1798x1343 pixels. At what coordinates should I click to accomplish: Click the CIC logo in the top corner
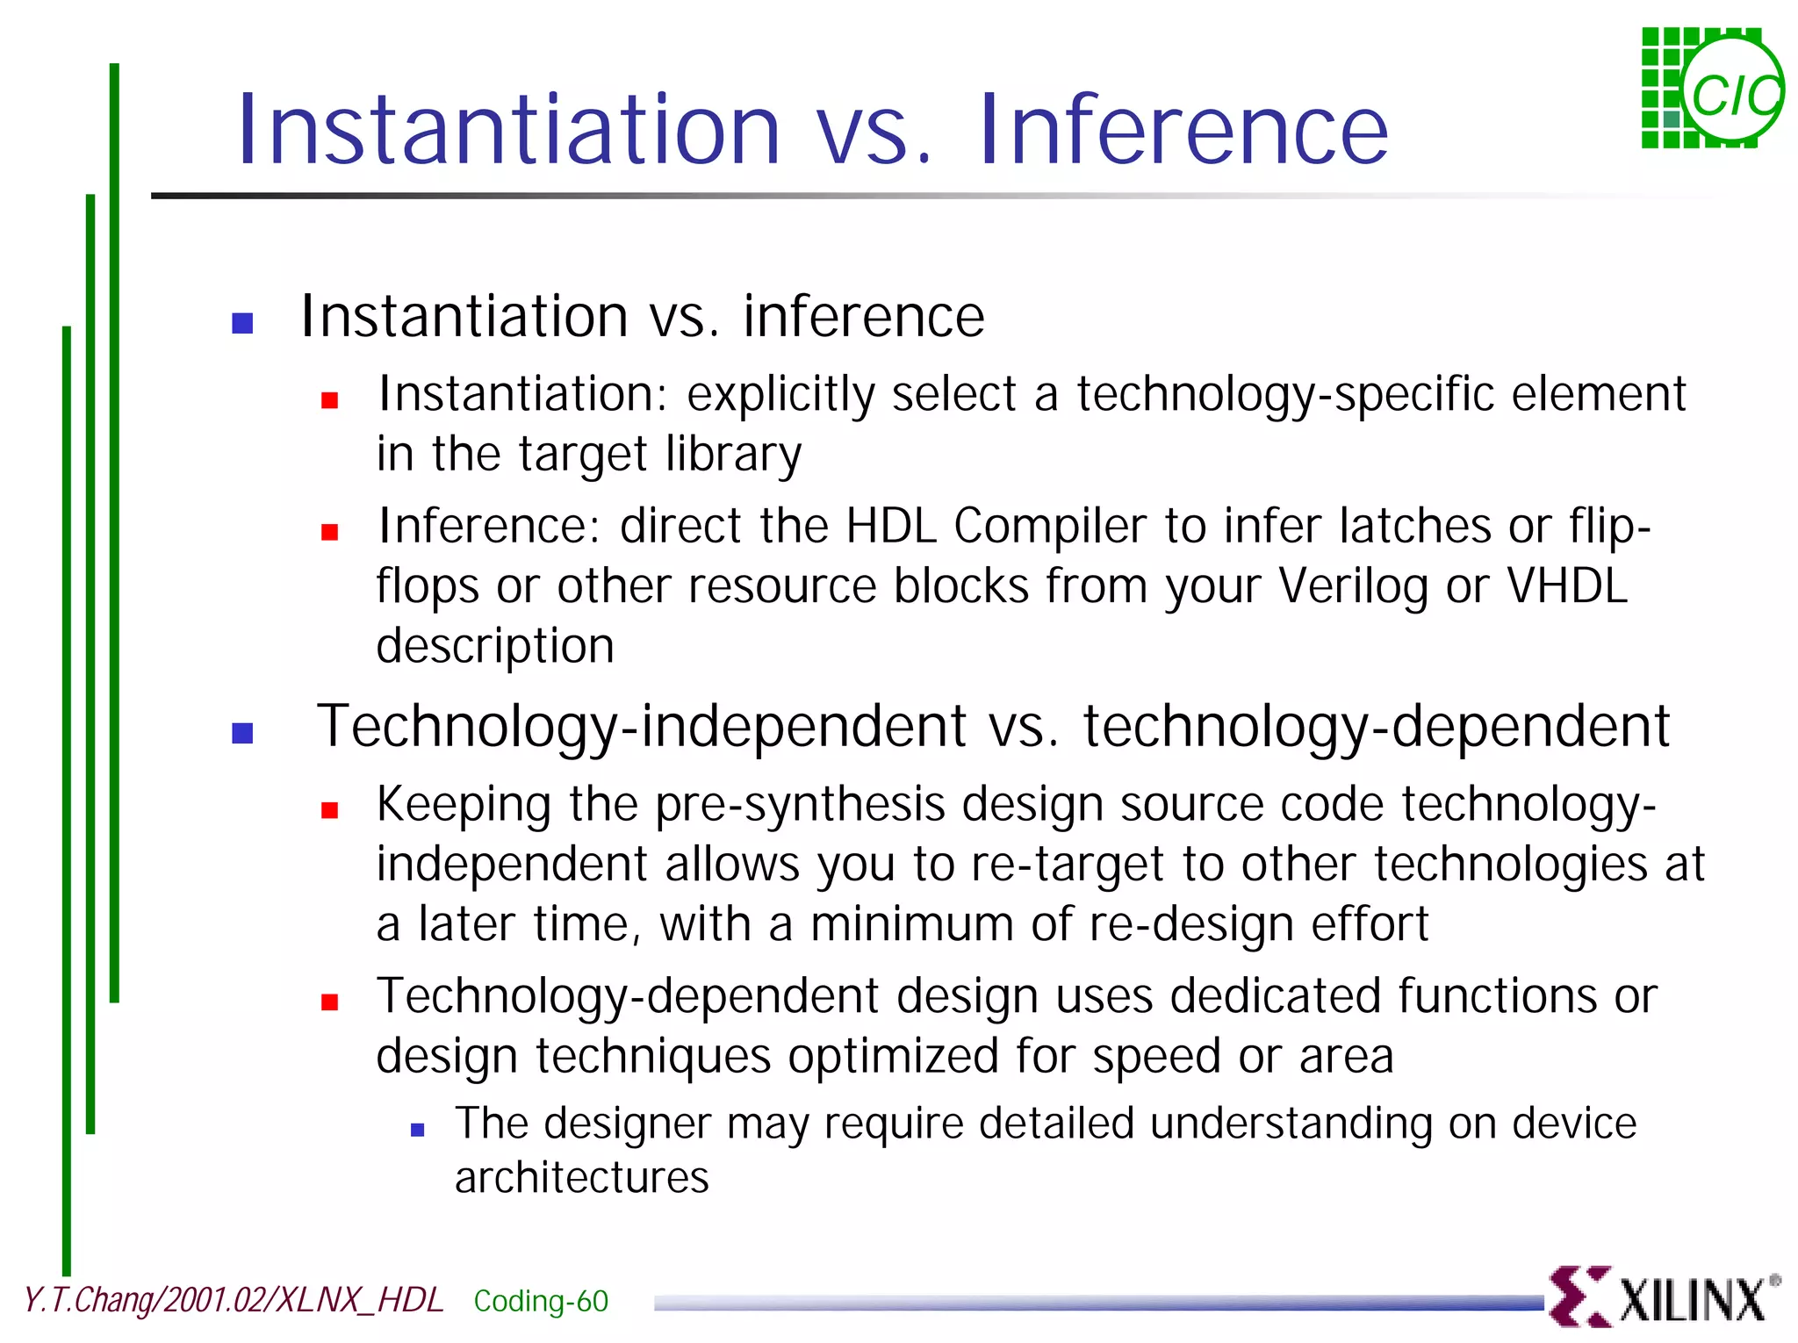(1712, 88)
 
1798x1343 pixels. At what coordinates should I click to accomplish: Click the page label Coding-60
(541, 1301)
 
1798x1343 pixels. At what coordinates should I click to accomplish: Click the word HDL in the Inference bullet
(890, 526)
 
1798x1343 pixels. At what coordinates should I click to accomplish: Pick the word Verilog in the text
(1353, 586)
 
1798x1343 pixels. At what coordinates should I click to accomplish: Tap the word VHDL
(1568, 585)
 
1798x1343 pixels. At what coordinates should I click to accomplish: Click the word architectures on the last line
(581, 1177)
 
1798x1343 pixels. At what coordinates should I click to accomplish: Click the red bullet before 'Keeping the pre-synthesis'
(330, 810)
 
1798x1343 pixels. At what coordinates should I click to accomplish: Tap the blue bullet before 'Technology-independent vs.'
(242, 733)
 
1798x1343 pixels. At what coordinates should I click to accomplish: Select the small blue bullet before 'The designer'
(418, 1131)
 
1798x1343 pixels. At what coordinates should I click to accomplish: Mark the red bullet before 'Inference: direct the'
(330, 532)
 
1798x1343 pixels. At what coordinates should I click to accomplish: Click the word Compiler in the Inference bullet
(1050, 527)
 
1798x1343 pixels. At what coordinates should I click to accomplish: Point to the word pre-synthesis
(800, 805)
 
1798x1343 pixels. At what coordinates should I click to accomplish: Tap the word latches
(1414, 526)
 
